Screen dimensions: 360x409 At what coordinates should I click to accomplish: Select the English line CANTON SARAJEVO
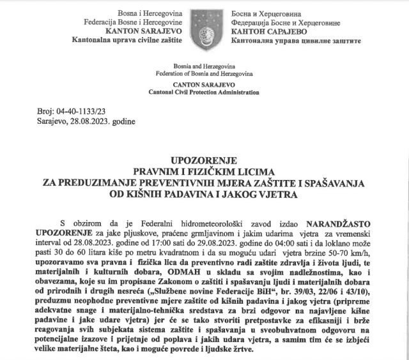[x=204, y=83]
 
